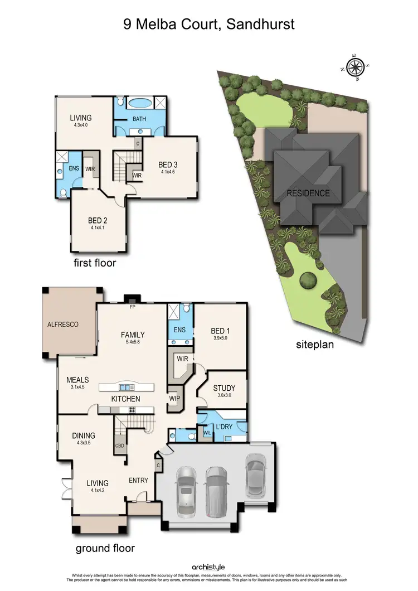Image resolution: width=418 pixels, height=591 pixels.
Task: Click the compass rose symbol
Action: pos(354,67)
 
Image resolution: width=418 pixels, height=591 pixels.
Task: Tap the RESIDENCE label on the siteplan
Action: pos(308,193)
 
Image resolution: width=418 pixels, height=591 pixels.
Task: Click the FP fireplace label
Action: pos(132,307)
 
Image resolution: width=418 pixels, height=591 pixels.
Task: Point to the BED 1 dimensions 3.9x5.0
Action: pos(221,338)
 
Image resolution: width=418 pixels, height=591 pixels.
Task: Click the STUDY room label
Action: pos(224,388)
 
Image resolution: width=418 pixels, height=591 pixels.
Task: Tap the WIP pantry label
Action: pos(174,399)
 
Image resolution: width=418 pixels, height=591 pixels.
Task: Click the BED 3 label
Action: pos(168,164)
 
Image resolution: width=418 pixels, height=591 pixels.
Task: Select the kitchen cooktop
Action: pos(134,410)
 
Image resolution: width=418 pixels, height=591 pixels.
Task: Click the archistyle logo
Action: pos(208,567)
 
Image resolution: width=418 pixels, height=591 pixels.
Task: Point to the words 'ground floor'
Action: pos(105,548)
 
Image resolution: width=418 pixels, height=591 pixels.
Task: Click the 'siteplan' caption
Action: pos(315,344)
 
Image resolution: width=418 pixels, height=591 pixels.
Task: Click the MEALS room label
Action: pos(77,380)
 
